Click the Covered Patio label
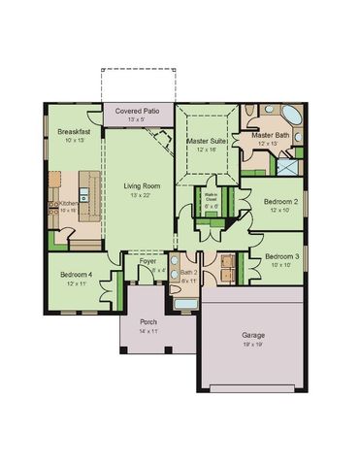tap(139, 113)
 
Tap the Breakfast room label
tap(74, 131)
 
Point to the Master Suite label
tap(206, 142)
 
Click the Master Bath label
tap(271, 135)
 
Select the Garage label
tap(253, 336)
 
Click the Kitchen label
tap(69, 202)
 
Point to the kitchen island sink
tap(85, 198)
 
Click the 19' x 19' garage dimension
tap(253, 345)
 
